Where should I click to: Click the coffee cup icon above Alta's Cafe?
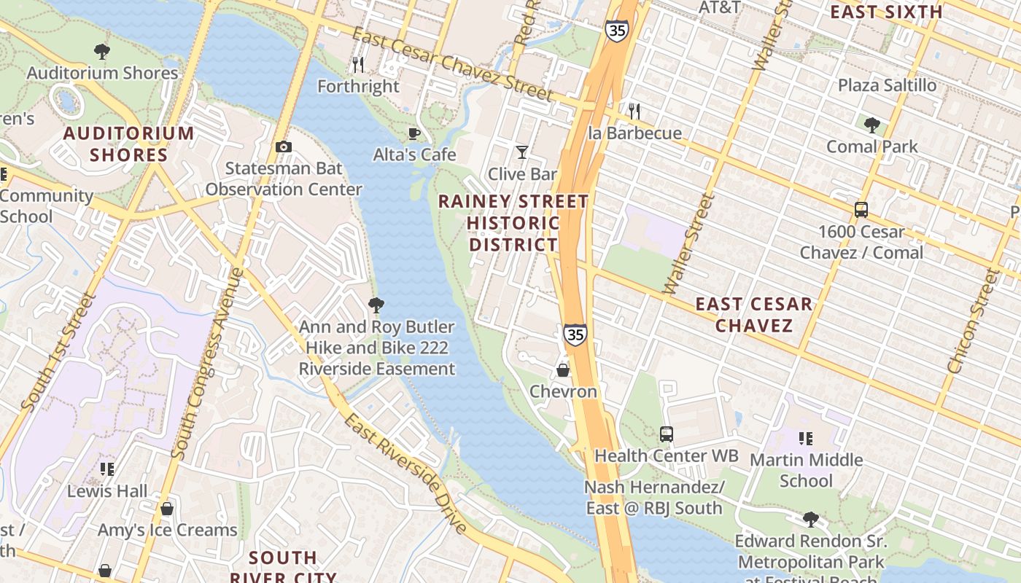point(414,133)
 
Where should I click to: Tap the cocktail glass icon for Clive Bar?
point(522,152)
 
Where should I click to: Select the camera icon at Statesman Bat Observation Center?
point(284,147)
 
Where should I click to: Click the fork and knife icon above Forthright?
point(357,65)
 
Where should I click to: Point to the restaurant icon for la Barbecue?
point(634,111)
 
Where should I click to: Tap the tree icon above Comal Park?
point(871,125)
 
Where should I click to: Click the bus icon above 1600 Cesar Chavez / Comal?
point(861,210)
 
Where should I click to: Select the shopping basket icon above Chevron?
point(563,369)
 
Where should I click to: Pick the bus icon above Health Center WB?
point(666,434)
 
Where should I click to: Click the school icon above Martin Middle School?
point(806,438)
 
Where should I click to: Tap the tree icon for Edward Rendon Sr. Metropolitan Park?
point(810,519)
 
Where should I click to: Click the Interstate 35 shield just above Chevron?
point(575,334)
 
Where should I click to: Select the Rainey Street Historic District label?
point(513,222)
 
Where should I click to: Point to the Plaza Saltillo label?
point(887,85)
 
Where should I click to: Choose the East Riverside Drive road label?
point(405,474)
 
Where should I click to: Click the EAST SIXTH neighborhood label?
point(886,12)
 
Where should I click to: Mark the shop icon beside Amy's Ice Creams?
point(167,509)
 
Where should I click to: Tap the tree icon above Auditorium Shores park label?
point(102,51)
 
